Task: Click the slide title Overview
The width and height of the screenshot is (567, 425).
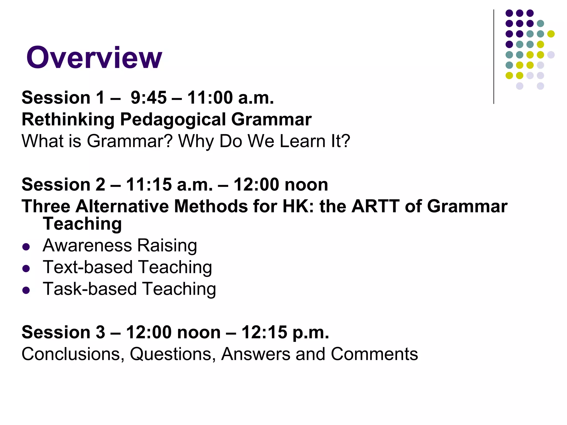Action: click(94, 58)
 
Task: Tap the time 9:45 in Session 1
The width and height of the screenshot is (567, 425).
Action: click(149, 98)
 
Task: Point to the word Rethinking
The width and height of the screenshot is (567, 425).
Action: click(68, 120)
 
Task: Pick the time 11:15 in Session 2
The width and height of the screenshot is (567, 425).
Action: click(149, 185)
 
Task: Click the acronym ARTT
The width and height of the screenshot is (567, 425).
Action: click(375, 206)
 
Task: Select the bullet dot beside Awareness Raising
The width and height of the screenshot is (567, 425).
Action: click(26, 247)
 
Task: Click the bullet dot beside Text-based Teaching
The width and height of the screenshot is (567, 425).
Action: click(26, 268)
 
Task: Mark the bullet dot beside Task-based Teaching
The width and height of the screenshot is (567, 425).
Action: click(26, 290)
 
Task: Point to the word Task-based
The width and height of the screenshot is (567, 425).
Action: click(90, 289)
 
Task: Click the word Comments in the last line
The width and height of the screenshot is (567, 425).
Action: click(374, 354)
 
